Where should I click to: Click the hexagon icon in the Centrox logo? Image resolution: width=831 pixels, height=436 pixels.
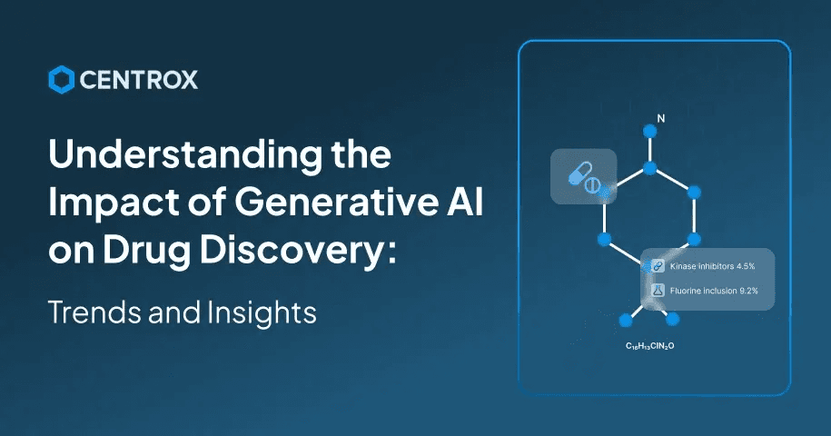tap(62, 80)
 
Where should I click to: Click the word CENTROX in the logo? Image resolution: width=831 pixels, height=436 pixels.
tap(139, 80)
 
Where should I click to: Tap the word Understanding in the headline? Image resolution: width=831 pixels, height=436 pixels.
tap(185, 155)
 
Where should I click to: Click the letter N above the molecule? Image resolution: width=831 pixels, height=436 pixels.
tap(661, 119)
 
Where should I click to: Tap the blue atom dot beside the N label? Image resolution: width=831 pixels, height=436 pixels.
tap(649, 130)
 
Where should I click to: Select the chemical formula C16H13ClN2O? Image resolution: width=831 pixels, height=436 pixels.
tap(649, 346)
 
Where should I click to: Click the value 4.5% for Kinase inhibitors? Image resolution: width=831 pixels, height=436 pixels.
tap(746, 266)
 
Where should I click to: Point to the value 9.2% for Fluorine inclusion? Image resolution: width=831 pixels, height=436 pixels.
tap(748, 291)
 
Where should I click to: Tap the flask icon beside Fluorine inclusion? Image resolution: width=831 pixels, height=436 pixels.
tap(658, 291)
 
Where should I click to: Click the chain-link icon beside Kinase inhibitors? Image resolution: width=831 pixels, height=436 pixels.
tap(658, 266)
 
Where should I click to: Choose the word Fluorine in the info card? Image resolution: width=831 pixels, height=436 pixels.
tap(686, 291)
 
